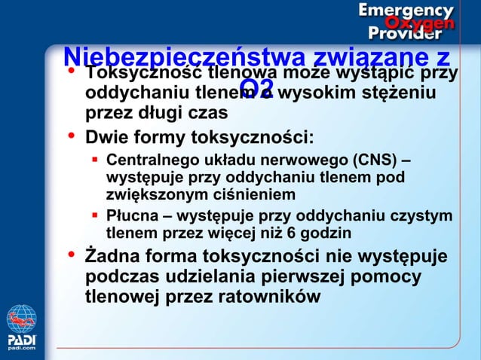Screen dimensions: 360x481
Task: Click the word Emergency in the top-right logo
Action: pyautogui.click(x=406, y=11)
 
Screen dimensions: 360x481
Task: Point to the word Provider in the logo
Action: pyautogui.click(x=404, y=34)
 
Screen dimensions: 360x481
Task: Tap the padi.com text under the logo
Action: pyautogui.click(x=21, y=347)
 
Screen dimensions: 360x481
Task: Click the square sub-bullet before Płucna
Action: pyautogui.click(x=97, y=216)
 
